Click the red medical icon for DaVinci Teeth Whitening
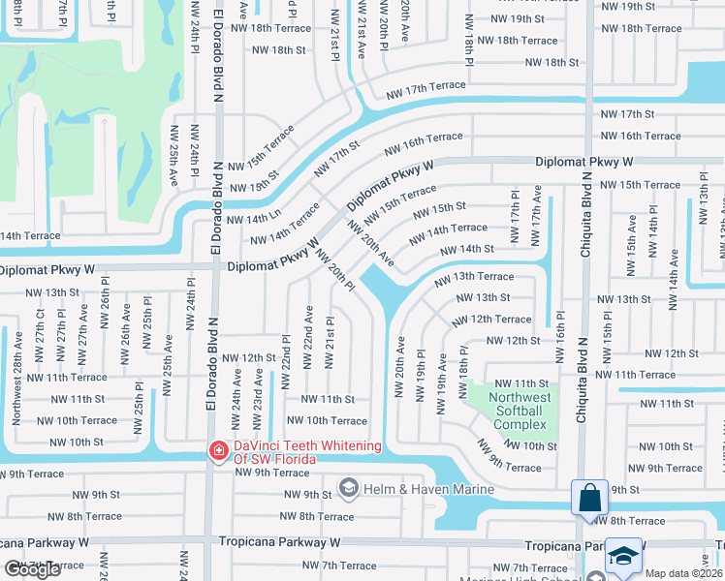pyautogui.click(x=218, y=451)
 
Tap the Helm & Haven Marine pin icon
pyautogui.click(x=348, y=489)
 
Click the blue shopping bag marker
pyautogui.click(x=589, y=500)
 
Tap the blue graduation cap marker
pyautogui.click(x=624, y=557)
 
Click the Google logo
pyautogui.click(x=33, y=569)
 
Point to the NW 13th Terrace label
pyautogui.click(x=474, y=277)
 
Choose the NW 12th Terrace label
pyautogui.click(x=490, y=319)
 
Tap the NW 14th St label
pyautogui.click(x=467, y=250)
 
